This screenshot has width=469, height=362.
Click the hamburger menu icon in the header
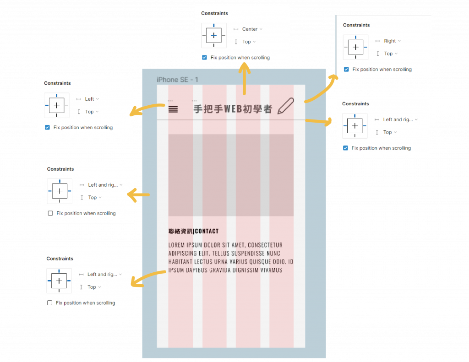point(173,109)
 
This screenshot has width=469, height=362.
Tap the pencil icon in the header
point(285,106)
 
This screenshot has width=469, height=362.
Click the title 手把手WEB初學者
point(233,109)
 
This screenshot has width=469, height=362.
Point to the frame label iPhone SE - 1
point(177,80)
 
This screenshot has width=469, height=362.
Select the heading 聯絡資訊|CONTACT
point(193,231)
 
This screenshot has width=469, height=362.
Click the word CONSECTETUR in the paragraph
point(265,245)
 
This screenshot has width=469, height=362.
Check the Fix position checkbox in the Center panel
point(204,58)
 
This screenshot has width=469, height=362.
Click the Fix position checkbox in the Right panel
point(346,70)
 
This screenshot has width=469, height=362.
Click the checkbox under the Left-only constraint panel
point(47,128)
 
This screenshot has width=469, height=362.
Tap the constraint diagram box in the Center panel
point(214,35)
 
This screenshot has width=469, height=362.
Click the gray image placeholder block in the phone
point(231,175)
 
